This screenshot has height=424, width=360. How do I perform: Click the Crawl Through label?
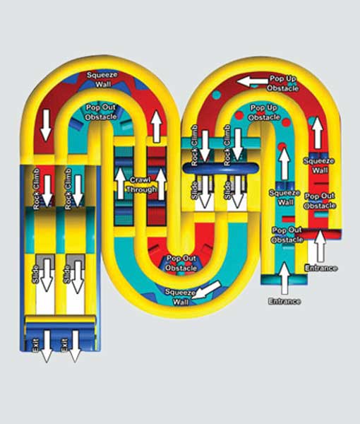point(141,185)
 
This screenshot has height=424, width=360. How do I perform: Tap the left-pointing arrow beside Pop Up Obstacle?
point(253,81)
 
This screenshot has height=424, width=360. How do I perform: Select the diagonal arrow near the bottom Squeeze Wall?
point(208,290)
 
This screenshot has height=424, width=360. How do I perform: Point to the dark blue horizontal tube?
point(221,167)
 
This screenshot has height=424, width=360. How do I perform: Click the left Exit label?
point(35,346)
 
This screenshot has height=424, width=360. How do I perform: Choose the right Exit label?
point(64,346)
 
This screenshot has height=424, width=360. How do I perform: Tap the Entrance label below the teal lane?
point(284,301)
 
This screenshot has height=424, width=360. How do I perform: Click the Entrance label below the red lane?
point(321,268)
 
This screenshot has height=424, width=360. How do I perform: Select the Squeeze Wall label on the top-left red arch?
point(102,79)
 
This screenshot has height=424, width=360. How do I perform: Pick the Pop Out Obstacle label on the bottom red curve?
point(181,263)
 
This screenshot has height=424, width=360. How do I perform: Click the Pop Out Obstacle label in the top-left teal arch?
point(101,112)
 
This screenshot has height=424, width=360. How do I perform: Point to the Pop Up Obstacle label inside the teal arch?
point(264,112)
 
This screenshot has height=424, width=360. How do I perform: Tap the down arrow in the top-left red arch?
point(46,125)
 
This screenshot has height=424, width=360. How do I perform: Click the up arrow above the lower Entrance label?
point(284,278)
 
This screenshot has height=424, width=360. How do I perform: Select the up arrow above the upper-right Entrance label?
point(320,245)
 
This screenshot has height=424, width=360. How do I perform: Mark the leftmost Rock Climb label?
point(37,189)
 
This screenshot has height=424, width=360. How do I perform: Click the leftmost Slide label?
point(35,274)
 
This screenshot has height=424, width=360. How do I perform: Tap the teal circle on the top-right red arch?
point(216,95)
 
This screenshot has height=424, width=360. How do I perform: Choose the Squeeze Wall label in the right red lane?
point(319,165)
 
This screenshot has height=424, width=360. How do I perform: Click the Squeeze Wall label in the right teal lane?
point(284,197)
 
